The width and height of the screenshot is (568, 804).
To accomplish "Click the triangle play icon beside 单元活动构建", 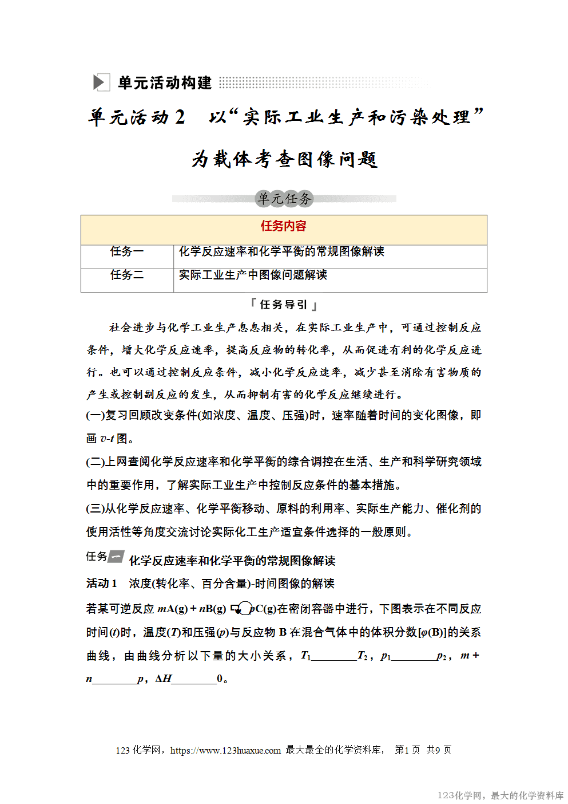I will point(100,82).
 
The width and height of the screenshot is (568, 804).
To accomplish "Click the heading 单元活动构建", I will point(165,83).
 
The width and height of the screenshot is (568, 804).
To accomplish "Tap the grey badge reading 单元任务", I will point(284,199).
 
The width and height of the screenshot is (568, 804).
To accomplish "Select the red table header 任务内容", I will point(284,226).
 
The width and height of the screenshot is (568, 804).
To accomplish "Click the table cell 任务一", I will point(127,251).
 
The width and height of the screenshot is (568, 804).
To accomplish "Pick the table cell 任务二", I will point(127,275).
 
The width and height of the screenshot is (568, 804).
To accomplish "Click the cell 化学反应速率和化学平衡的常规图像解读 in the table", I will point(281,251).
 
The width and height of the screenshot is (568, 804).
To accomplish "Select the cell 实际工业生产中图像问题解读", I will point(253,275).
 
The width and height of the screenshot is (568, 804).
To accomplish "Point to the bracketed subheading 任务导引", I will point(284,305).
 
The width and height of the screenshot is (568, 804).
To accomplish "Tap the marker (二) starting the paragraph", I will point(95,462).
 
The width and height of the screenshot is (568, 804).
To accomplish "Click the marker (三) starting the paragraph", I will point(95,509).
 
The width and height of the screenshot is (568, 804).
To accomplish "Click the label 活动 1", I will point(102,584).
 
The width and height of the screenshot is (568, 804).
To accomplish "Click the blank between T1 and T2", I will point(334,656).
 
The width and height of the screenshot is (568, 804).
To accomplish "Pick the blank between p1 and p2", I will point(414,656).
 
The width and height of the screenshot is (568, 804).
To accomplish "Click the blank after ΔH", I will point(194,680).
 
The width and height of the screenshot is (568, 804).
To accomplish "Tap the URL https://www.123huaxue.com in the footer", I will point(225,750).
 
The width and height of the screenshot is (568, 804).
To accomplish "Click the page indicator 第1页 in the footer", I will point(407,750).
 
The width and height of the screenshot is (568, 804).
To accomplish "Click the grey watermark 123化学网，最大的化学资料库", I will point(501,795).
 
